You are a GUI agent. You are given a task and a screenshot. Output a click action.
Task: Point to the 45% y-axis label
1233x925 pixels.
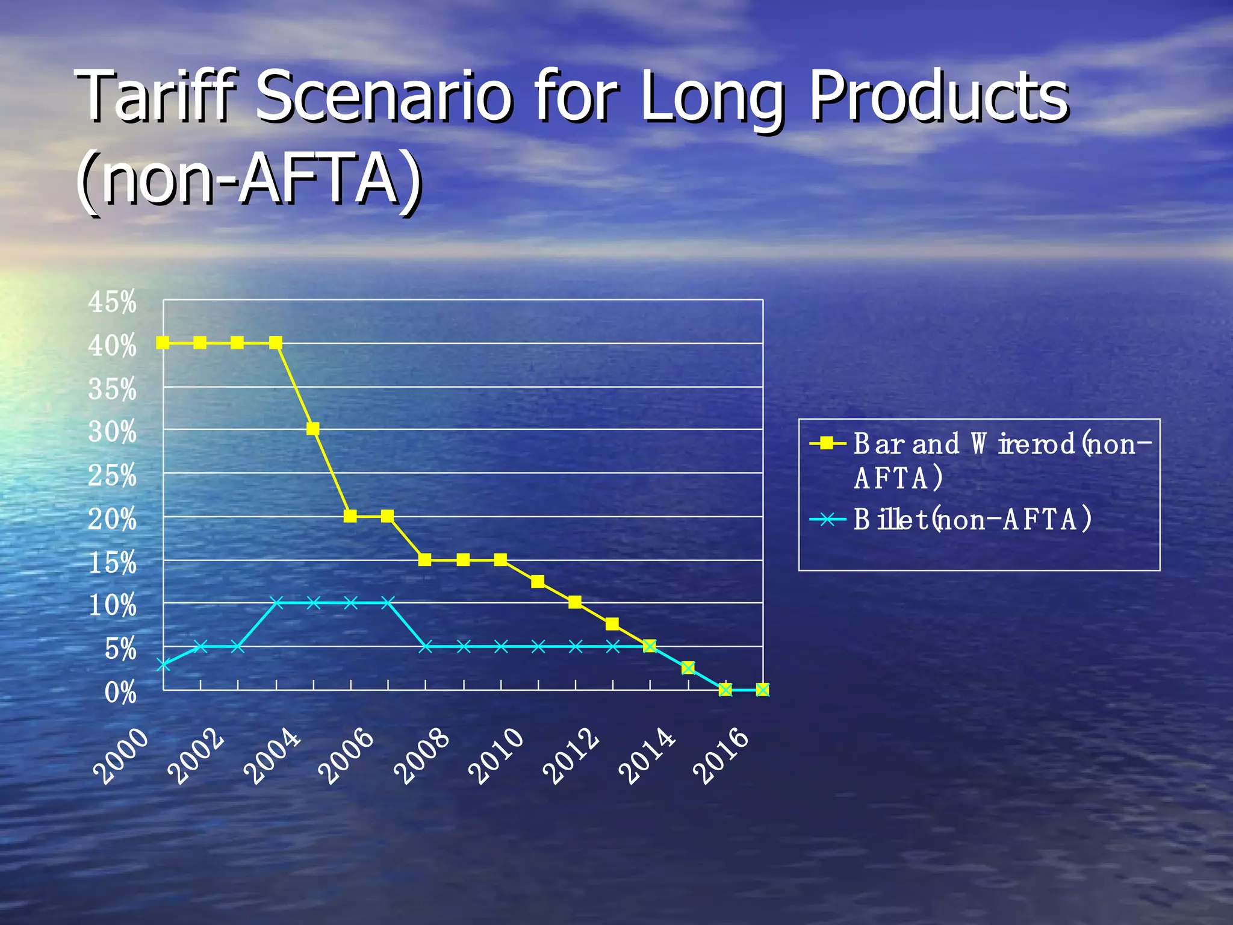(x=113, y=302)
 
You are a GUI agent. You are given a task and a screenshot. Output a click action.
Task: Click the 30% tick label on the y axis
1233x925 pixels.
(x=113, y=432)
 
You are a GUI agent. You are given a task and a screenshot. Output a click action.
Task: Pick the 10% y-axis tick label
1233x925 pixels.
(x=113, y=605)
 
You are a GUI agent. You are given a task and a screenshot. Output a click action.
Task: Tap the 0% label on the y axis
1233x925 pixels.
(x=120, y=693)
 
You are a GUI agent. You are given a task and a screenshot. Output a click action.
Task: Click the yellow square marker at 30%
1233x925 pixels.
(x=312, y=429)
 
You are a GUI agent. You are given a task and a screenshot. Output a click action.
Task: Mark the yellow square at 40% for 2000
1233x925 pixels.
(x=163, y=343)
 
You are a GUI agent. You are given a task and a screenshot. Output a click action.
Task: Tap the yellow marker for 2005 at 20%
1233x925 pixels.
(x=350, y=516)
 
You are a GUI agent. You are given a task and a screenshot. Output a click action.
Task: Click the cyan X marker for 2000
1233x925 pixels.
(x=163, y=665)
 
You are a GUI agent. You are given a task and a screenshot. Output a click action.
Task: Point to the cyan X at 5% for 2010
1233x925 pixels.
(x=538, y=647)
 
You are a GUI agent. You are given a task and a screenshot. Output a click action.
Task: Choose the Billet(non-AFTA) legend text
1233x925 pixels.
(x=972, y=519)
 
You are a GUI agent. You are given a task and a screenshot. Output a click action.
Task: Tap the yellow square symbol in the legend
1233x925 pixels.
(x=828, y=444)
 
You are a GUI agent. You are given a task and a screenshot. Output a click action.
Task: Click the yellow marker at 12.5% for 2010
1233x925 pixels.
(x=538, y=581)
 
